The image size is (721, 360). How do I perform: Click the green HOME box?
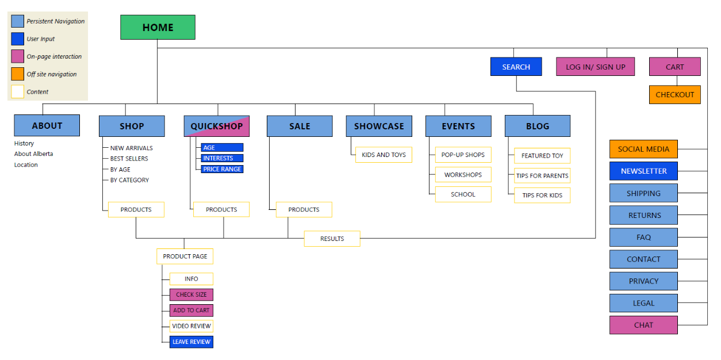[158, 27]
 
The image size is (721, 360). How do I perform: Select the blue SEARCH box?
[516, 67]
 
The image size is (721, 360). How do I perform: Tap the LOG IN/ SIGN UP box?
[595, 67]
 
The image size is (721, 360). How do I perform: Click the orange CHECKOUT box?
[674, 95]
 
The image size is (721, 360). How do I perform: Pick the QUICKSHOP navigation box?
[217, 126]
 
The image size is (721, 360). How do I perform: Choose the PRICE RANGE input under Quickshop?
[222, 169]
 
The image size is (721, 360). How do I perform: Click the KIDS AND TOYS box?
[383, 155]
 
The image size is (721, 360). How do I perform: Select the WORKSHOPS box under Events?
[463, 175]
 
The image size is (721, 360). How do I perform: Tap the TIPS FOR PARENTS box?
[542, 176]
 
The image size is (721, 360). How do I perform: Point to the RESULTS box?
[332, 239]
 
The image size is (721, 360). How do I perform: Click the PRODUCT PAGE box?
[185, 256]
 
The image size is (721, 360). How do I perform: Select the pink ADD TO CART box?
[191, 311]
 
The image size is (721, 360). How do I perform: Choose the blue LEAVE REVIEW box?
[191, 342]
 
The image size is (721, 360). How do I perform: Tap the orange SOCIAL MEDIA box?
[643, 149]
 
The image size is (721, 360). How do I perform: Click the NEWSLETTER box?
[643, 171]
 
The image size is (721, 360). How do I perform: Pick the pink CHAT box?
[643, 325]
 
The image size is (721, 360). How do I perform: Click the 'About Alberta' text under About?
[33, 154]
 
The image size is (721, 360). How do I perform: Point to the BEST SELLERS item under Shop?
[129, 159]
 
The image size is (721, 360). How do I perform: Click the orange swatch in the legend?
[18, 74]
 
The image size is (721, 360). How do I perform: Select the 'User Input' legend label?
[41, 39]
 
